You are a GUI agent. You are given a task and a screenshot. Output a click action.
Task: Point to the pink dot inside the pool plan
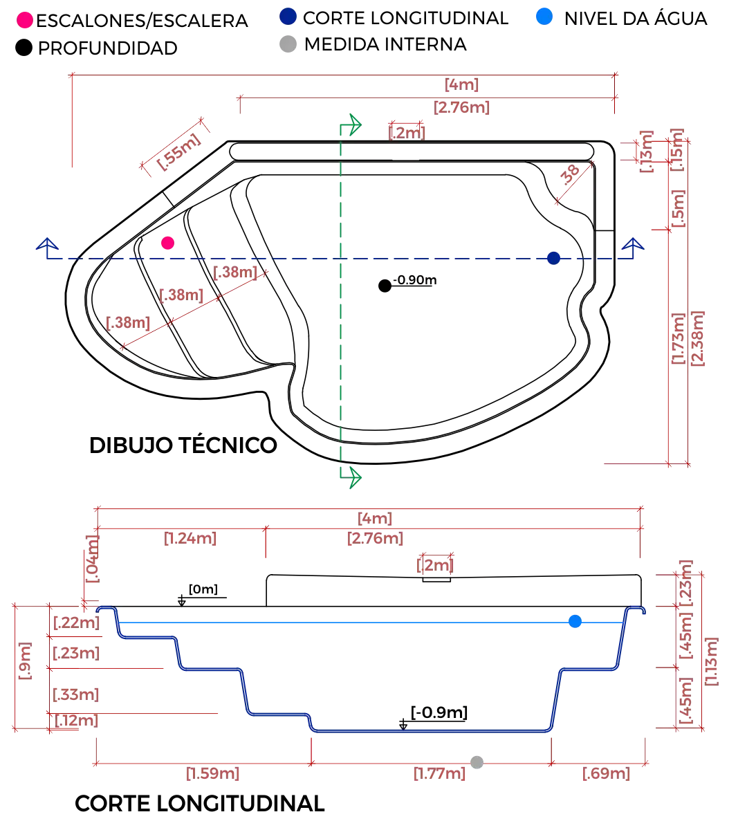click(168, 243)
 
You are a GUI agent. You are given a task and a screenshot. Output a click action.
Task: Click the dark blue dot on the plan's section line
click(553, 259)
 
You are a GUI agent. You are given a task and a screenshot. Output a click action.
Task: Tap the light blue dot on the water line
click(575, 622)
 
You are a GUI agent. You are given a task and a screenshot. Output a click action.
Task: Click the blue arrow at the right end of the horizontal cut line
click(634, 245)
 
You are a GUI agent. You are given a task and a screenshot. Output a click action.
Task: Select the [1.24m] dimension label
click(190, 538)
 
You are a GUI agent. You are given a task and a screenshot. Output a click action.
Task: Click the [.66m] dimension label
click(606, 774)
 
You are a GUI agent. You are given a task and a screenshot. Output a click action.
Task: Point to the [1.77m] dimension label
click(440, 774)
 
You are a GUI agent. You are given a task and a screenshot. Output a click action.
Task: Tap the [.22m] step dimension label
click(74, 721)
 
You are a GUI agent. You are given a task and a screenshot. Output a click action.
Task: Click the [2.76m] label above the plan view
click(462, 107)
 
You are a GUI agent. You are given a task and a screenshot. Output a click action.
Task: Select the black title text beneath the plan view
click(183, 443)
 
